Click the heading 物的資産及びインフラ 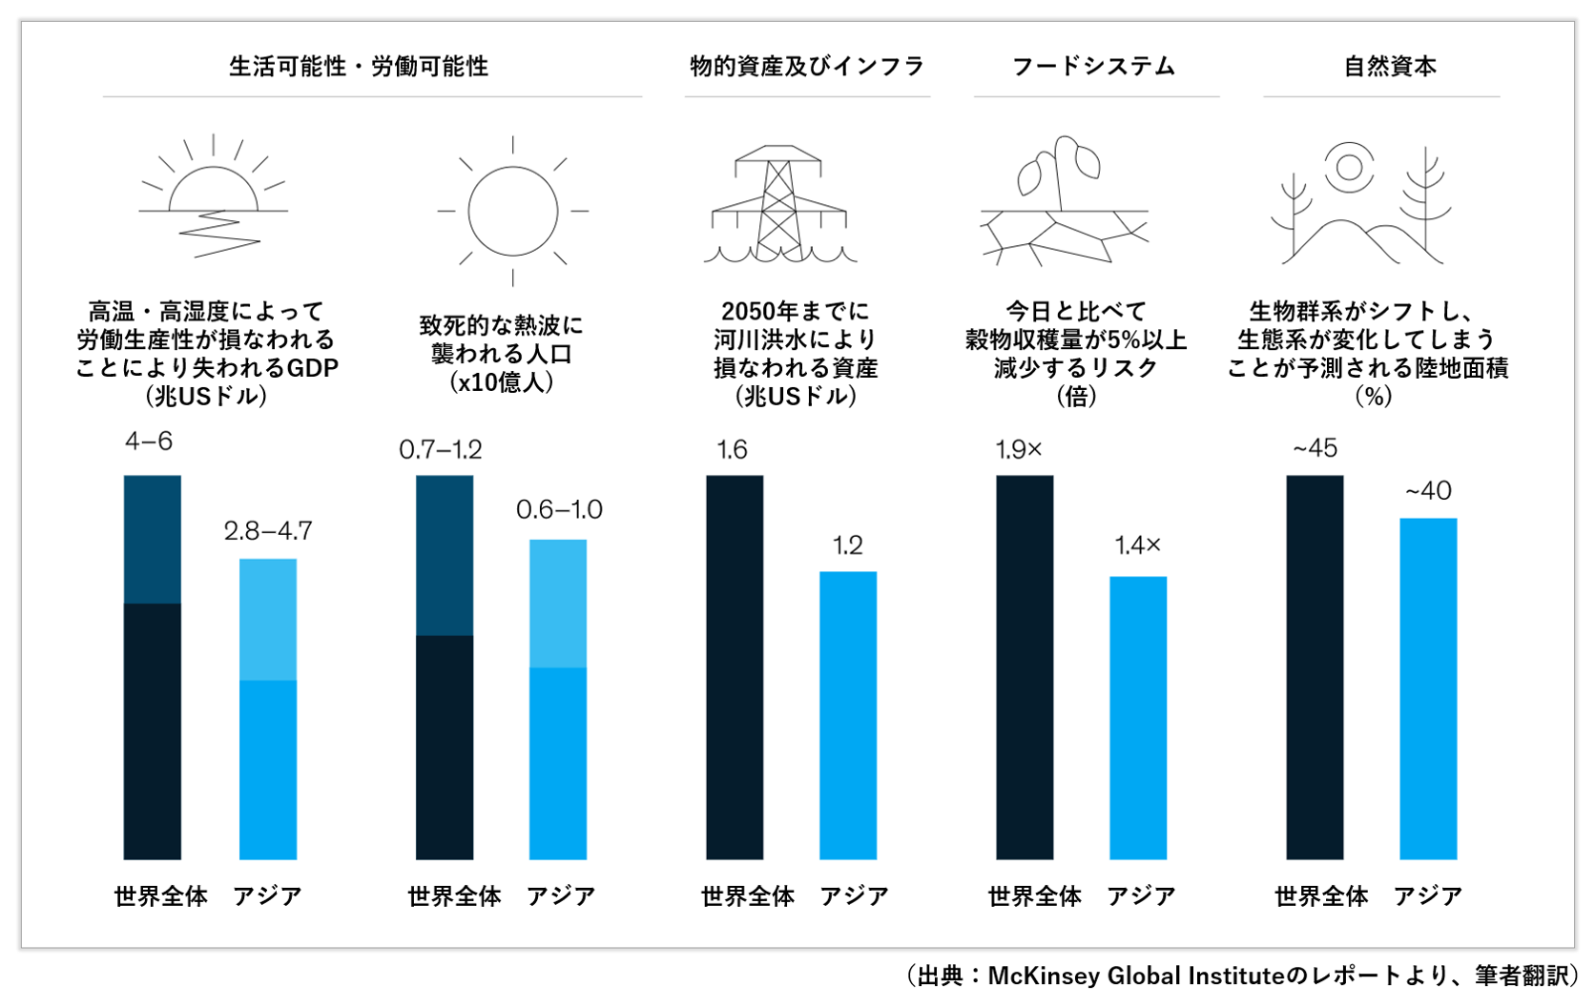tap(807, 67)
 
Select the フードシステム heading tap(1093, 67)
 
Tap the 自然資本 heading tap(1390, 67)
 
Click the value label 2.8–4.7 tap(268, 531)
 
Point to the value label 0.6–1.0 tap(559, 510)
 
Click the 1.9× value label tap(1019, 450)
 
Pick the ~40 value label tap(1428, 491)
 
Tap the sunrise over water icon tap(213, 198)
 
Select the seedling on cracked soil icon tap(1065, 202)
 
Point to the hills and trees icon tap(1361, 205)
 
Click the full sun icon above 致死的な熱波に tap(512, 211)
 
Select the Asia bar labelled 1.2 tap(848, 715)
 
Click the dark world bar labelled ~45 tap(1315, 668)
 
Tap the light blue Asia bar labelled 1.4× tap(1138, 717)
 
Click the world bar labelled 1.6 tap(735, 668)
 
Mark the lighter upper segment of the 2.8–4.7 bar tap(268, 620)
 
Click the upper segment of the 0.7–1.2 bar tap(445, 555)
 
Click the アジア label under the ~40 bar tap(1428, 896)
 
